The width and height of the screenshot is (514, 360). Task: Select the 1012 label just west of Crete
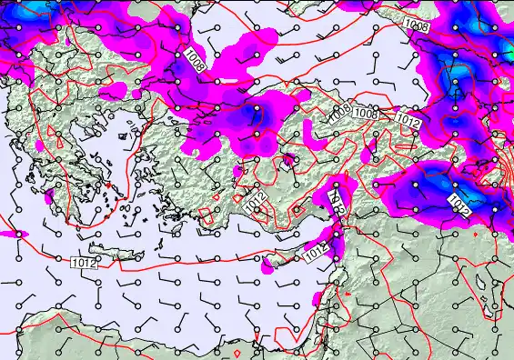[x=84, y=261]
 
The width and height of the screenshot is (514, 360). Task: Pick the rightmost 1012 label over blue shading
[x=459, y=205]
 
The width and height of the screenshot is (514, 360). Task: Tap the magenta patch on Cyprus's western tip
[x=267, y=267]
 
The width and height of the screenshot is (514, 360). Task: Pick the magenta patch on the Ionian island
[x=48, y=196]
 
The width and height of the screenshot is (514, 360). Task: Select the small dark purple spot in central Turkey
[x=287, y=162]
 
